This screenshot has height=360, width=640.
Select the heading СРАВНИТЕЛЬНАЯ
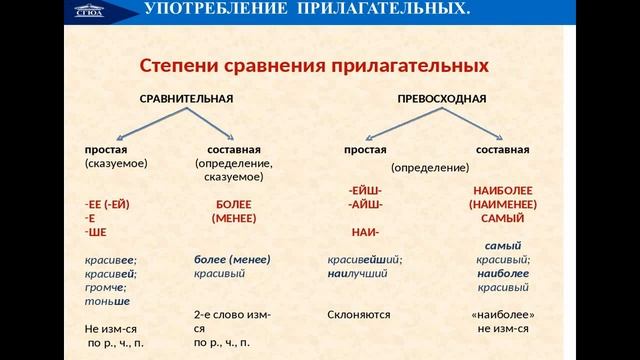point(185,99)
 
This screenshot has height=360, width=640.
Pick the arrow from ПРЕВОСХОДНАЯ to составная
point(470,122)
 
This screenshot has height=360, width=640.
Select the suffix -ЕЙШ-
point(365,189)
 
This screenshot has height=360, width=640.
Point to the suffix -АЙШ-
point(365,204)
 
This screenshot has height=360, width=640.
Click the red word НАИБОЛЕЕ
point(503,189)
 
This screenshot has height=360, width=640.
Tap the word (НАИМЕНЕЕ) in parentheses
point(503,204)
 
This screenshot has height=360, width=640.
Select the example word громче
point(106,287)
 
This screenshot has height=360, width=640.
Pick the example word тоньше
point(108,301)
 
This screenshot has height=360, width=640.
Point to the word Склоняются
point(358,314)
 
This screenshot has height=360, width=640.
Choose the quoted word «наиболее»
point(503,314)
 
